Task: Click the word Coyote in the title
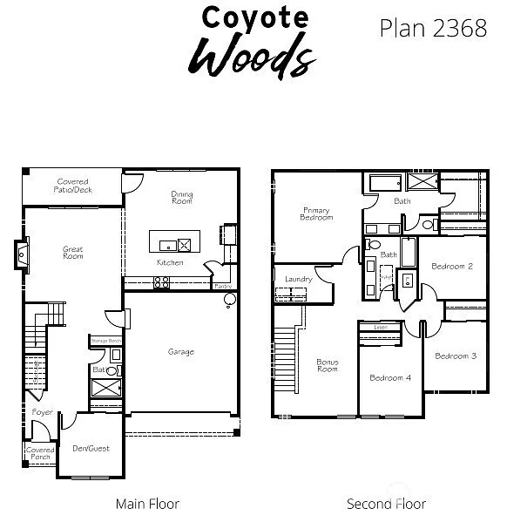[x=242, y=18]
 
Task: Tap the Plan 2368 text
[x=433, y=29]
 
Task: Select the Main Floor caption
[x=147, y=504]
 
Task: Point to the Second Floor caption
[x=386, y=504]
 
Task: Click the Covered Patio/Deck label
[x=73, y=186]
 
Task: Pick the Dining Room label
[x=182, y=198]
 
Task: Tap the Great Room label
[x=73, y=254]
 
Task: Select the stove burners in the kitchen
[x=162, y=281]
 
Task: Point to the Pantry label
[x=223, y=286]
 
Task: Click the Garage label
[x=181, y=352]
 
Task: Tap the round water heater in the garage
[x=229, y=300]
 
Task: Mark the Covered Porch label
[x=41, y=454]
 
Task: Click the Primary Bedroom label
[x=317, y=213]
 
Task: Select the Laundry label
[x=298, y=279]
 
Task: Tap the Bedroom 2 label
[x=452, y=267]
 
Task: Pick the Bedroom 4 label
[x=390, y=377]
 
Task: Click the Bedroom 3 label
[x=456, y=356]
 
